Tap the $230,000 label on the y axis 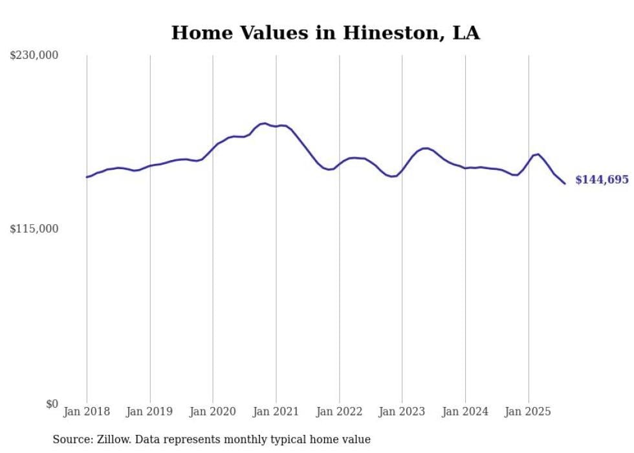(x=34, y=55)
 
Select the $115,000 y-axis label (x=34, y=229)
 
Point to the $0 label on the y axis (x=52, y=404)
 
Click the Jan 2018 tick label (x=87, y=412)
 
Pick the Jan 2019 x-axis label (x=150, y=412)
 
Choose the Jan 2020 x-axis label (x=213, y=412)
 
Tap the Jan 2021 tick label (x=276, y=412)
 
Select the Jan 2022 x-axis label (x=339, y=412)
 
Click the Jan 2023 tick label (x=402, y=412)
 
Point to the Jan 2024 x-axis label (x=465, y=412)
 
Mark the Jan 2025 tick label (x=528, y=412)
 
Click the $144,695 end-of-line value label (x=602, y=180)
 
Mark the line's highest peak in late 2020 (x=264, y=123)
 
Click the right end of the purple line (x=565, y=183)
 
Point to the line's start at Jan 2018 (x=87, y=177)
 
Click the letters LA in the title (x=466, y=32)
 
